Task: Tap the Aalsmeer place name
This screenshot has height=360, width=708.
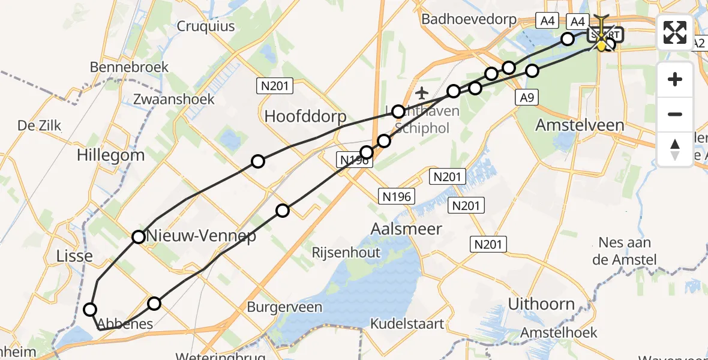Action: coord(406,229)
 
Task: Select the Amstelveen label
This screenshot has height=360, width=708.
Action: coord(579,125)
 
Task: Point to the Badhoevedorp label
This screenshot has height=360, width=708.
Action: coord(469,19)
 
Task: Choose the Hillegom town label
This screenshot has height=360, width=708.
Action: coord(110,155)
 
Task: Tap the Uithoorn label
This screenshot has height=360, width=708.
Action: coord(541,304)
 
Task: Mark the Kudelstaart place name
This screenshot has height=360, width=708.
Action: coord(407,324)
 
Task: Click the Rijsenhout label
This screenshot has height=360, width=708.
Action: coord(346,253)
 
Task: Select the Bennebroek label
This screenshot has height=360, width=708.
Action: coord(129,67)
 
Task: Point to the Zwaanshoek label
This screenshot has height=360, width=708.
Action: coord(175,99)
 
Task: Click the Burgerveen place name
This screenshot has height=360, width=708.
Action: coord(284,307)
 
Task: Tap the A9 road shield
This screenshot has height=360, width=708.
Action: coord(527,97)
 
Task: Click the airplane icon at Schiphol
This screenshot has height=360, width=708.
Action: coord(422,93)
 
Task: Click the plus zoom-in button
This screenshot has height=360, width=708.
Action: coord(675,80)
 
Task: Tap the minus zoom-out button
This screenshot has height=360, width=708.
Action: coord(675,114)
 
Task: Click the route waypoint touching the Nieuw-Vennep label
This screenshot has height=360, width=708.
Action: coord(139,236)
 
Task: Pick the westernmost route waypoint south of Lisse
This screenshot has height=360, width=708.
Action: coord(90,310)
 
